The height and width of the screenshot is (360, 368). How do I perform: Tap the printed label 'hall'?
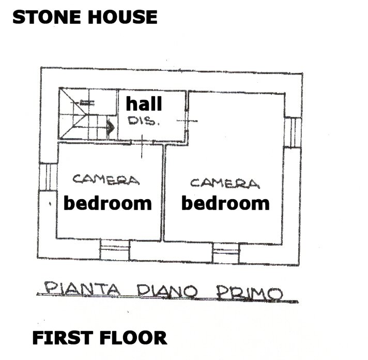pos(144,103)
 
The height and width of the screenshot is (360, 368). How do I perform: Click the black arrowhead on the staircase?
pos(111,128)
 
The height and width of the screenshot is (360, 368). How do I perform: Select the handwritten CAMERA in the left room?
pos(106,179)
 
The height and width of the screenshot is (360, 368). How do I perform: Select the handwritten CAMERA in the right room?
pos(225,183)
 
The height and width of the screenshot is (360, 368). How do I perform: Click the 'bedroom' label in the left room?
pos(108,203)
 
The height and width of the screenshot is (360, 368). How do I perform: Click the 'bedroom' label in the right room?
pos(225,203)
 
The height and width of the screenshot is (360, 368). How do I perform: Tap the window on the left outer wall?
pos(48,177)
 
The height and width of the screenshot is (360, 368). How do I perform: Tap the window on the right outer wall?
pos(293,132)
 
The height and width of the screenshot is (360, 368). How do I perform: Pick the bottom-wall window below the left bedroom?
pos(115,250)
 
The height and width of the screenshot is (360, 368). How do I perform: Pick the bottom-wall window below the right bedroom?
pos(226,253)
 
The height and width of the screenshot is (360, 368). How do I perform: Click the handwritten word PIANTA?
pos(82,289)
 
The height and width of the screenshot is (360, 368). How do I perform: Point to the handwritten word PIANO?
pos(167,292)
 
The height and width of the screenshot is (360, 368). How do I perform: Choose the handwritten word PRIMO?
pos(250,294)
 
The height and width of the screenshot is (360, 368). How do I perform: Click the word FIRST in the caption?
pos(62,338)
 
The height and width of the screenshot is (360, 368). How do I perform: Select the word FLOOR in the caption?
pos(133,338)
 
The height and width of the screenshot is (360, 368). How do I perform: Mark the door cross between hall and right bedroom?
pos(187,121)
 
